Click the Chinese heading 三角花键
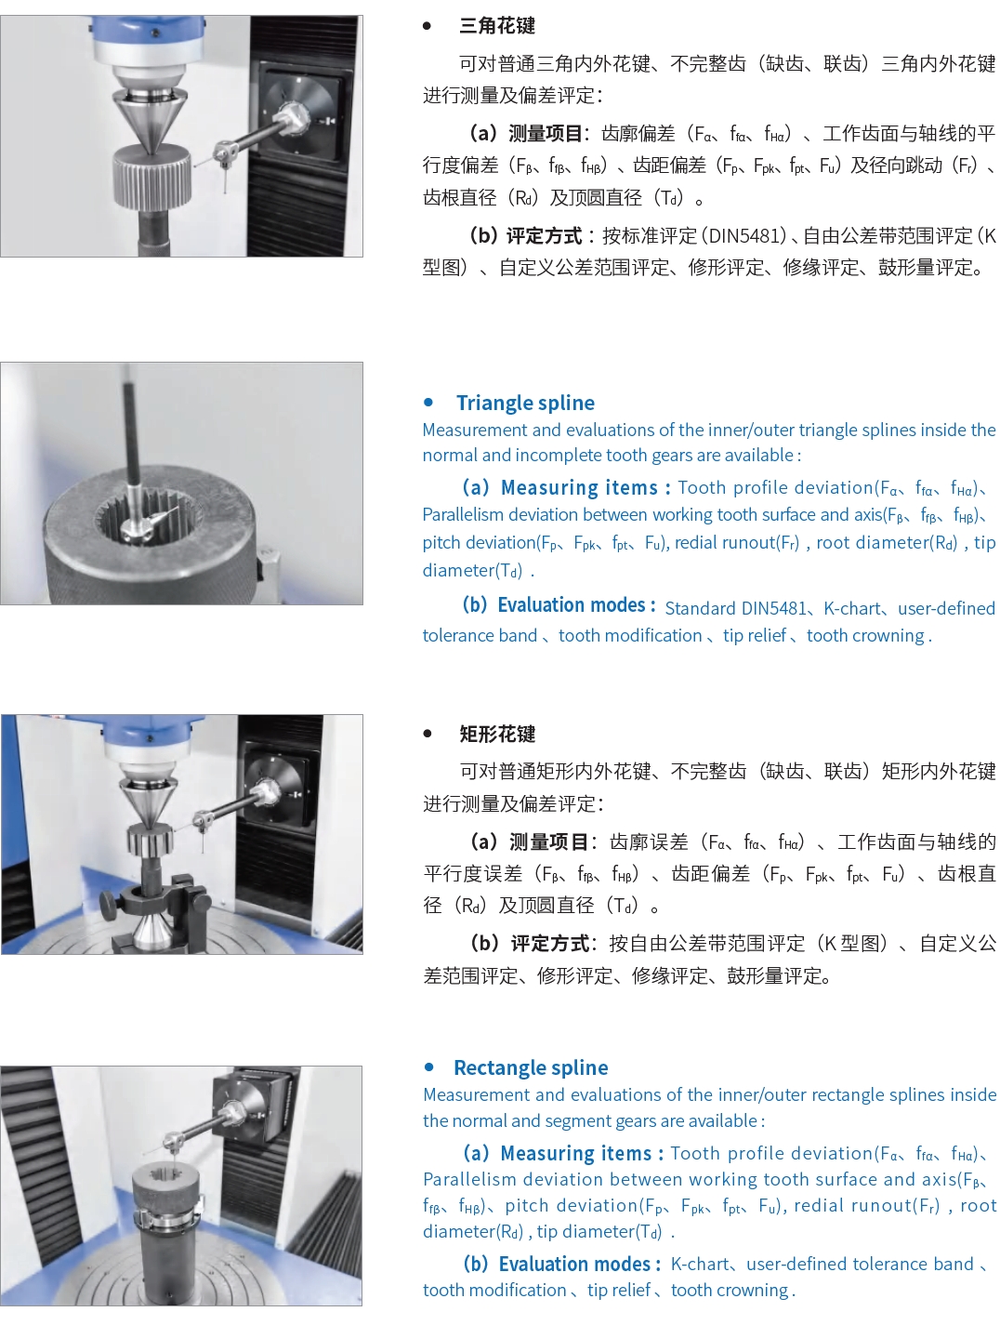(497, 26)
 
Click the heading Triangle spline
(525, 403)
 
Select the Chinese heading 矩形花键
(497, 734)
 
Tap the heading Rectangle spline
(531, 1067)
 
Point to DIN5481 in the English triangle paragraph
(773, 608)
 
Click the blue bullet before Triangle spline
(428, 402)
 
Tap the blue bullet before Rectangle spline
(428, 1067)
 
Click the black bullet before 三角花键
(427, 26)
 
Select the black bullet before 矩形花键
(428, 734)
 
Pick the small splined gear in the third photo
(151, 839)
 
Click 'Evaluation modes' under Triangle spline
(571, 605)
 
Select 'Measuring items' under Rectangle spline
(575, 1153)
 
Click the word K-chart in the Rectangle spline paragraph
(700, 1264)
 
